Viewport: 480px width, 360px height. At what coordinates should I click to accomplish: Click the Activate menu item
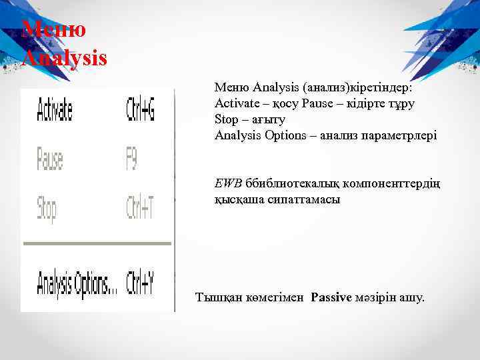tap(54, 109)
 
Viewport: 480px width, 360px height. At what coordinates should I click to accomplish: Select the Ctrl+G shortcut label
tap(140, 109)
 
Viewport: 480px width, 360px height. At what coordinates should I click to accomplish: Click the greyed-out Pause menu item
tap(50, 159)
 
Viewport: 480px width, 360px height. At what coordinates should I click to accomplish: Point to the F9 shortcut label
tap(132, 159)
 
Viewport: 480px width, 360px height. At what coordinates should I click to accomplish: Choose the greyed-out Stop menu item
tap(47, 209)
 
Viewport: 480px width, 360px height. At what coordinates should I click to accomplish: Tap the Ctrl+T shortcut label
tap(140, 209)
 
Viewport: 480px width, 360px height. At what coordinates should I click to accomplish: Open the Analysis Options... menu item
tap(75, 282)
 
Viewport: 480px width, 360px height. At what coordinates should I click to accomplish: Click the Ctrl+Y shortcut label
tap(140, 282)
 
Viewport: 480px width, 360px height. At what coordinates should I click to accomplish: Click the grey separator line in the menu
tap(97, 244)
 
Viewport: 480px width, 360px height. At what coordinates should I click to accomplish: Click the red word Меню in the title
tap(53, 29)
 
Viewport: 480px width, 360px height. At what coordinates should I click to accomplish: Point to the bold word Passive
tap(331, 298)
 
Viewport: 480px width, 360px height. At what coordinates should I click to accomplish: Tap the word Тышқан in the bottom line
tap(217, 298)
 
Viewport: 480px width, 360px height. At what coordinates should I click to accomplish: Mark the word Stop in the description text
tap(226, 119)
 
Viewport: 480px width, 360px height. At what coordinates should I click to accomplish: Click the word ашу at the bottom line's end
tap(410, 298)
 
